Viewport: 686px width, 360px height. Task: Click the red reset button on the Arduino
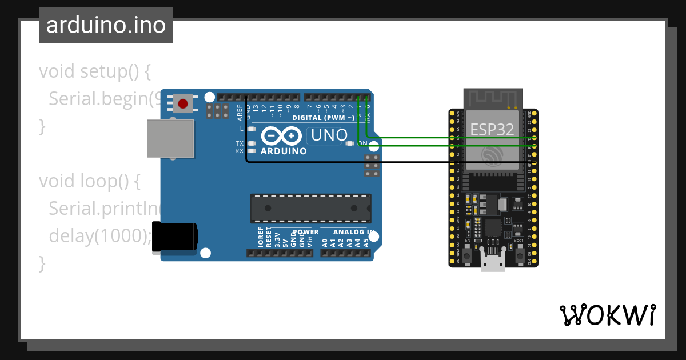(x=182, y=103)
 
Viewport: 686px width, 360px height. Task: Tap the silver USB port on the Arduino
(x=170, y=138)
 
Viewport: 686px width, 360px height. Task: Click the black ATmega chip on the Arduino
(x=310, y=208)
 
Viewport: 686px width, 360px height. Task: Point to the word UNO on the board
(x=327, y=135)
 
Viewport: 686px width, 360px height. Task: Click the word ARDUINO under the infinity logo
(x=284, y=151)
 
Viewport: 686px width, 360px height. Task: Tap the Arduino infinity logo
(x=282, y=136)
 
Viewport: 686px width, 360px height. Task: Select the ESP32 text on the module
(x=492, y=130)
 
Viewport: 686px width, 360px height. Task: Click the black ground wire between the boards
(x=400, y=162)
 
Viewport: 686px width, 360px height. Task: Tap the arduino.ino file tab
(x=106, y=25)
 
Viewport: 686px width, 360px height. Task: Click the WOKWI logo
(x=607, y=315)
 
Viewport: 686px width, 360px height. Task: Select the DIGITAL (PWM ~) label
(x=323, y=118)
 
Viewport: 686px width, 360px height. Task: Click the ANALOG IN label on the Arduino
(x=354, y=233)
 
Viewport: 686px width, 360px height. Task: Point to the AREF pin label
(x=240, y=111)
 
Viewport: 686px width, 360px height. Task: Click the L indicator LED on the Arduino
(x=250, y=129)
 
